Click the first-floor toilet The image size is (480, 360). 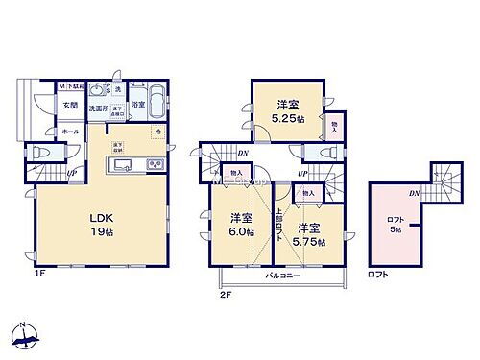click(41, 154)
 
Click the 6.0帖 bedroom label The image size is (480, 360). click(240, 225)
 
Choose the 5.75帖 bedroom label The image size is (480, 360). click(309, 234)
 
